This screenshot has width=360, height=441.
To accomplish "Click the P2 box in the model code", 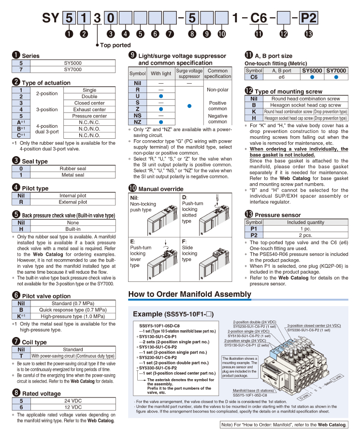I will pyautogui.click(x=309, y=18).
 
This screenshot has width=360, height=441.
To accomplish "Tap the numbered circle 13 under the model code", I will pyautogui.click(x=309, y=34).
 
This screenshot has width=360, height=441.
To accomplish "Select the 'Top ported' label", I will pyautogui.click(x=115, y=45).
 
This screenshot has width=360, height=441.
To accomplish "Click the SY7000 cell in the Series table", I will pyautogui.click(x=72, y=69).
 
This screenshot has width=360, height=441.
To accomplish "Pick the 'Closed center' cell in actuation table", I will pyautogui.click(x=89, y=103).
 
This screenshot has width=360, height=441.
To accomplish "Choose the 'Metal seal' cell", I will pyautogui.click(x=72, y=175).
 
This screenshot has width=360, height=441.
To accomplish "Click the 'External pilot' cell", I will pyautogui.click(x=72, y=202).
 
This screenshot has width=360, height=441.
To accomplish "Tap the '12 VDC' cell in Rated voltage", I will pyautogui.click(x=72, y=407).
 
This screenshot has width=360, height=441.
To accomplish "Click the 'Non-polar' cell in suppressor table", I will pyautogui.click(x=217, y=90).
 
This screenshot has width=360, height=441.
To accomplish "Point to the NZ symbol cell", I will pyautogui.click(x=138, y=122).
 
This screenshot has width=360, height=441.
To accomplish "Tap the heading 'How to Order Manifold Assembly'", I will pyautogui.click(x=189, y=294).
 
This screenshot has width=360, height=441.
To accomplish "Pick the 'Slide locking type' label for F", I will pyautogui.click(x=189, y=253).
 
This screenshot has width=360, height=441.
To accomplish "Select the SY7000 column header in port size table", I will pyautogui.click(x=336, y=71).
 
